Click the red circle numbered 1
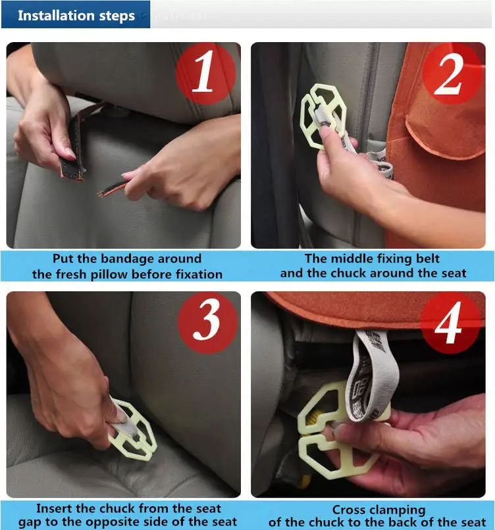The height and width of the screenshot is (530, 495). [x=206, y=73]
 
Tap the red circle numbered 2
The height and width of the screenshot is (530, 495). [x=452, y=73]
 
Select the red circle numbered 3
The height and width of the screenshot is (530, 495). [x=207, y=323]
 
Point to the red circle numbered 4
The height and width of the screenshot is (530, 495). [x=450, y=323]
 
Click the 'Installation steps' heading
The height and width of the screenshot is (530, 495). [x=76, y=16]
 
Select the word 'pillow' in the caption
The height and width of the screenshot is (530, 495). [x=109, y=274]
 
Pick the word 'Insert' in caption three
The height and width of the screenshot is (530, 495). [x=54, y=508]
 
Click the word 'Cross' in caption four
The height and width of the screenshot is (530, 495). [x=347, y=510]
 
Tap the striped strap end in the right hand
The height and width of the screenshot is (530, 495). [x=111, y=188]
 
